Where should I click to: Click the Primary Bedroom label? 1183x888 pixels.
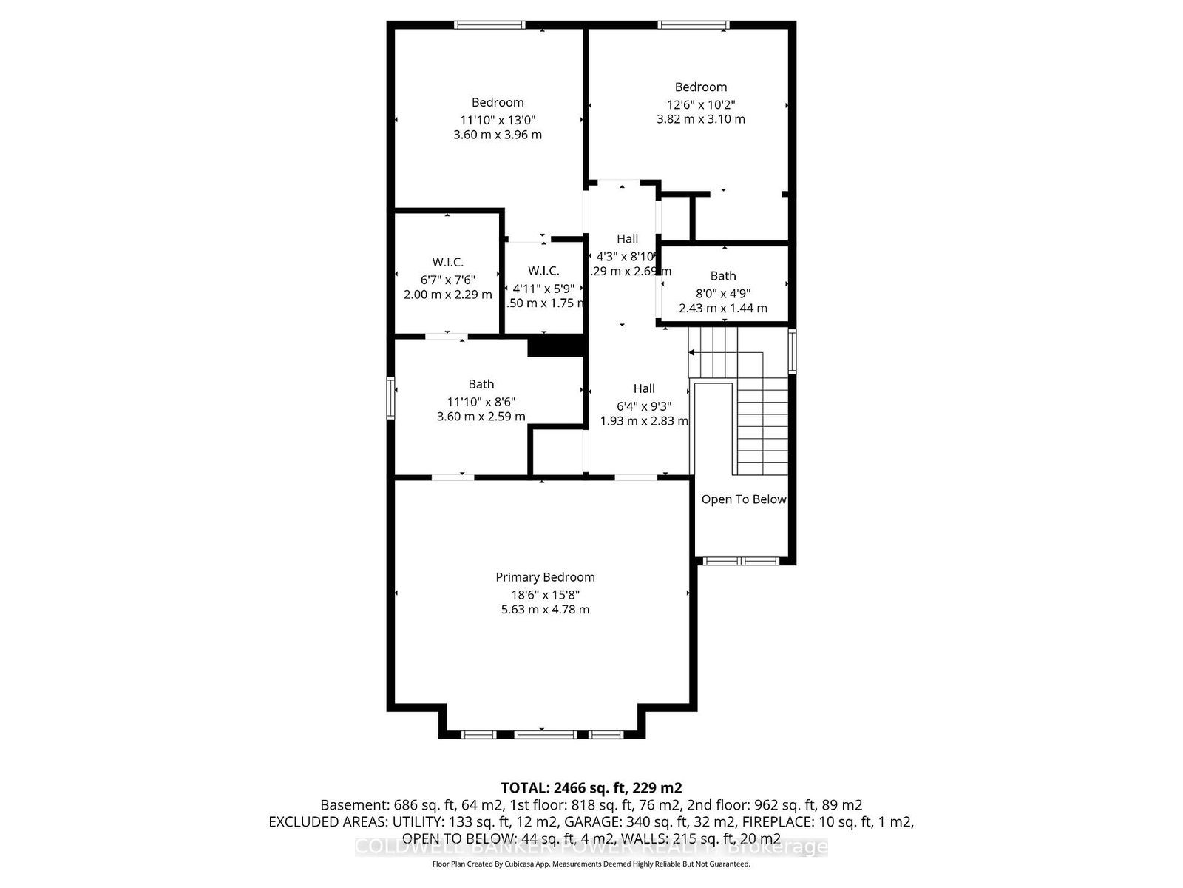tap(545, 577)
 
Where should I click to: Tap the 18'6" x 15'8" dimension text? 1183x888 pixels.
tap(545, 594)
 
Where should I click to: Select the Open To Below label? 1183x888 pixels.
tap(743, 499)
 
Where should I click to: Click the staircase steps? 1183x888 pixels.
tap(762, 422)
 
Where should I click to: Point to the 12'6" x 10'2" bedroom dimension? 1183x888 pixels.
tap(700, 104)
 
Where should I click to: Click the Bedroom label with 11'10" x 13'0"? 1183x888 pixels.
tap(498, 102)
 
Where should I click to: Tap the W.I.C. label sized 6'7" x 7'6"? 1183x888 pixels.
tap(447, 262)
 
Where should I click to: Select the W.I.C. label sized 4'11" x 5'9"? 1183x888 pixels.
tap(543, 271)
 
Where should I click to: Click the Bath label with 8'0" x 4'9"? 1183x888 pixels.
tap(723, 276)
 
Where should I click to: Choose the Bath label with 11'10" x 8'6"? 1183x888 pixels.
tap(481, 384)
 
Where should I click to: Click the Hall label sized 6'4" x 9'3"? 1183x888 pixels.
tap(643, 388)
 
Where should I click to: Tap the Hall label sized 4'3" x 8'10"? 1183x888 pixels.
tap(627, 239)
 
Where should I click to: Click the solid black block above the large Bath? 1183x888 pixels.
tap(557, 346)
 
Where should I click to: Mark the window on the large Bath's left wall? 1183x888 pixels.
tap(390, 398)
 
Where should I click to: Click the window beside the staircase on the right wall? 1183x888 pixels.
tap(792, 351)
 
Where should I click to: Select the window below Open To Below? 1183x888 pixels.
tap(742, 561)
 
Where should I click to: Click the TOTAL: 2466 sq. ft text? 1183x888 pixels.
tap(591, 787)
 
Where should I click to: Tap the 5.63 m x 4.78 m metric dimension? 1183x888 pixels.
tap(545, 610)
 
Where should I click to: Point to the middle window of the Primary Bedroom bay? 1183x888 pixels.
tap(544, 734)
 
